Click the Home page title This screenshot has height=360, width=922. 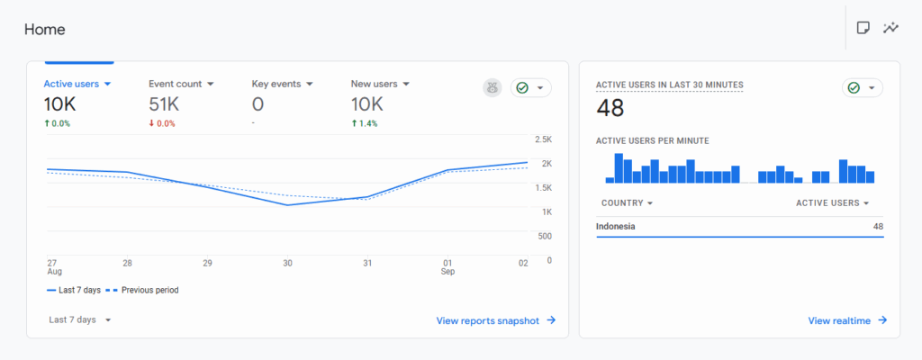44,29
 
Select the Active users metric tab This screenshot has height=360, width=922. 77,84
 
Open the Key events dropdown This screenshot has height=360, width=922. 283,84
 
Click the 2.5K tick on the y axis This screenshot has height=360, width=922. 543,139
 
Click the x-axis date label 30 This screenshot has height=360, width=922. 287,263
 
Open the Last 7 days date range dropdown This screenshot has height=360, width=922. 80,319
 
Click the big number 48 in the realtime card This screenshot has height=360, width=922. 610,109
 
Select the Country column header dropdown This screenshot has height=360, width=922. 627,203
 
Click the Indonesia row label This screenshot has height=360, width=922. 616,226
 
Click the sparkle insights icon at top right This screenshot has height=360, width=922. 891,28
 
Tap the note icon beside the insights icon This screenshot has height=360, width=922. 863,28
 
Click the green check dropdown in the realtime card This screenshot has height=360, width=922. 862,87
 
